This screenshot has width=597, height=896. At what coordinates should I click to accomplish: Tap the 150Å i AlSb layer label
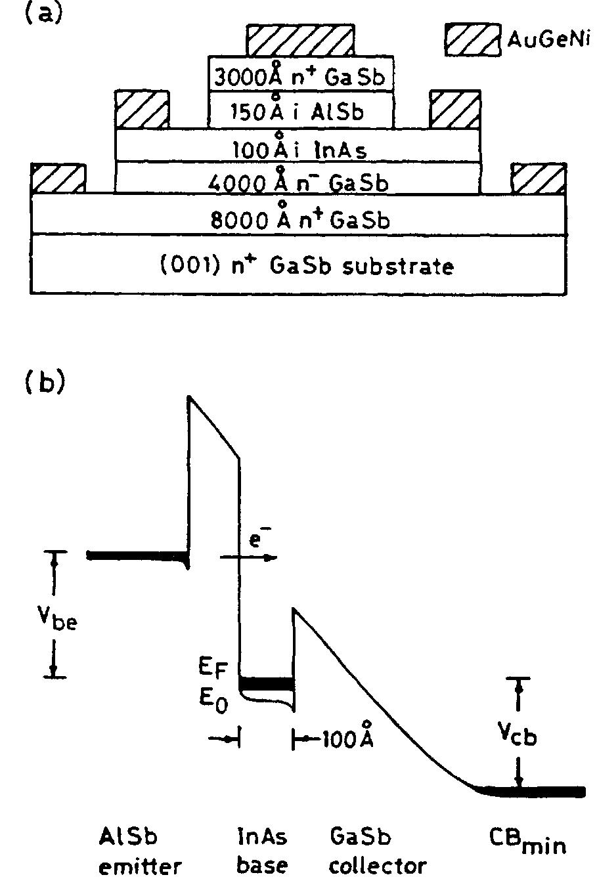pyautogui.click(x=300, y=112)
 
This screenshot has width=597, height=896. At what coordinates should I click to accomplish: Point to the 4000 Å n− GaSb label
pyautogui.click(x=297, y=182)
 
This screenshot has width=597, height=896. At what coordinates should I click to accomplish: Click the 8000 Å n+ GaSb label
pyautogui.click(x=299, y=219)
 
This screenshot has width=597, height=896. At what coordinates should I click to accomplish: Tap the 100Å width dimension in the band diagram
pyautogui.click(x=347, y=740)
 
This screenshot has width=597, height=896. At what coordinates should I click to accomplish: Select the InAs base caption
pyautogui.click(x=263, y=851)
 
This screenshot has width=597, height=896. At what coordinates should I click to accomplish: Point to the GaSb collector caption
pyautogui.click(x=377, y=851)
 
